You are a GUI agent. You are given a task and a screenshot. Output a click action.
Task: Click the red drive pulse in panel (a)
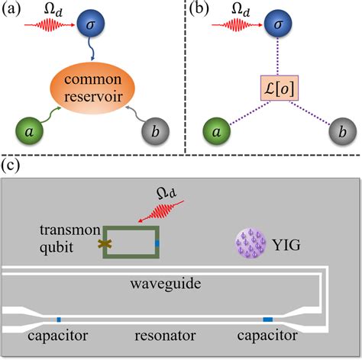[x=50, y=33]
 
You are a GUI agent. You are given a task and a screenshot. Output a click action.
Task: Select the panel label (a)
[x=15, y=11]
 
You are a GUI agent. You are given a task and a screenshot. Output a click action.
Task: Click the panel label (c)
[x=14, y=166]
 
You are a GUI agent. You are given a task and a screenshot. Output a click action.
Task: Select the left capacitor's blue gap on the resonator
[x=59, y=318]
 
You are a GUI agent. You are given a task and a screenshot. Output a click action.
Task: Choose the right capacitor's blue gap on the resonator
[x=268, y=318]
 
